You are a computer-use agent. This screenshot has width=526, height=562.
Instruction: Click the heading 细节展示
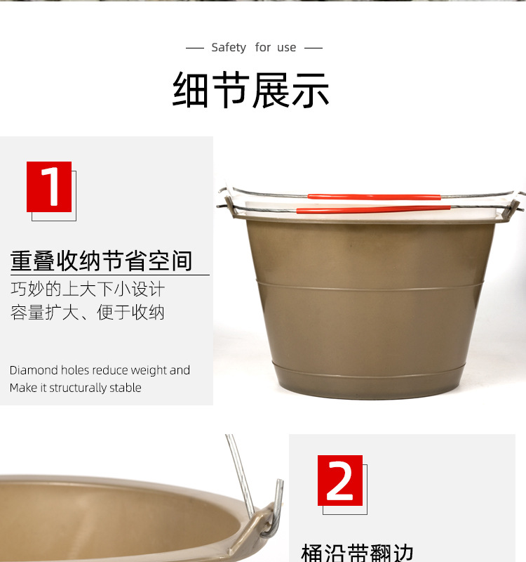[251, 90]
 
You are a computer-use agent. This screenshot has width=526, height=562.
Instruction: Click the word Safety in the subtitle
[229, 48]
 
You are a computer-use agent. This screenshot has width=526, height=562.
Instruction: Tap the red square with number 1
[49, 186]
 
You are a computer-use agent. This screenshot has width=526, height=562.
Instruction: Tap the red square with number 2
[340, 481]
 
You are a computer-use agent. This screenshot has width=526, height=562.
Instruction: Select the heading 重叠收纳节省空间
[102, 261]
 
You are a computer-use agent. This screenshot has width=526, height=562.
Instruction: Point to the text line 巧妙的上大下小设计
[88, 289]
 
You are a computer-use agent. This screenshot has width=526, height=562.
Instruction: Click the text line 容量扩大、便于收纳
[88, 313]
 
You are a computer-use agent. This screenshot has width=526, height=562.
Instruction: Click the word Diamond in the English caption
[34, 370]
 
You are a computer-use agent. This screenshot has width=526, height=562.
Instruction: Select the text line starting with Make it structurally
[76, 388]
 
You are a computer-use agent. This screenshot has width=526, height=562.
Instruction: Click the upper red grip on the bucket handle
[374, 197]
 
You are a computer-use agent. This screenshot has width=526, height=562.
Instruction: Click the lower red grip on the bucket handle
[373, 209]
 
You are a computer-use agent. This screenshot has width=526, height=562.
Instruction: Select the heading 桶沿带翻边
[358, 553]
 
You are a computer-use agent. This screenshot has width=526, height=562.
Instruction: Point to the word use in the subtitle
[286, 48]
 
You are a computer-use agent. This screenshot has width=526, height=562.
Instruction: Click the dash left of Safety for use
[194, 48]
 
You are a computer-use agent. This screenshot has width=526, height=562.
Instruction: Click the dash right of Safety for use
[313, 48]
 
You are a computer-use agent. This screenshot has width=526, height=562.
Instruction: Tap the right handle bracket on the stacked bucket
[511, 209]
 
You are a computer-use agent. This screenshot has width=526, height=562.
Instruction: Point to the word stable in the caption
[126, 388]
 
